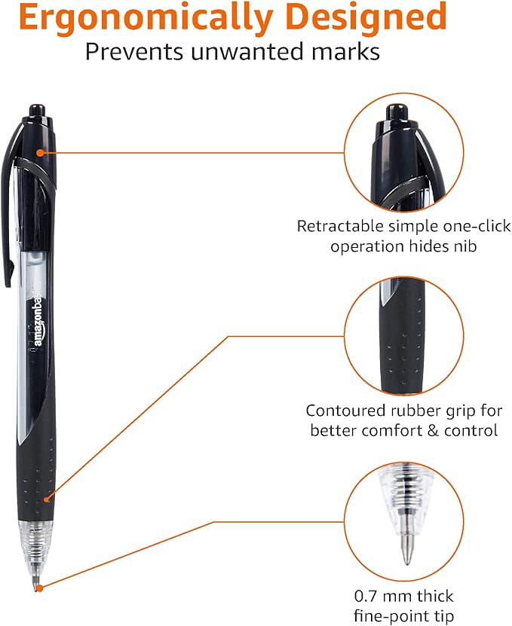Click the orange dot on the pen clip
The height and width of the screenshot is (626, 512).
click(41, 153)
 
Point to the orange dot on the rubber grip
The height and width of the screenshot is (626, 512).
click(46, 497)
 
